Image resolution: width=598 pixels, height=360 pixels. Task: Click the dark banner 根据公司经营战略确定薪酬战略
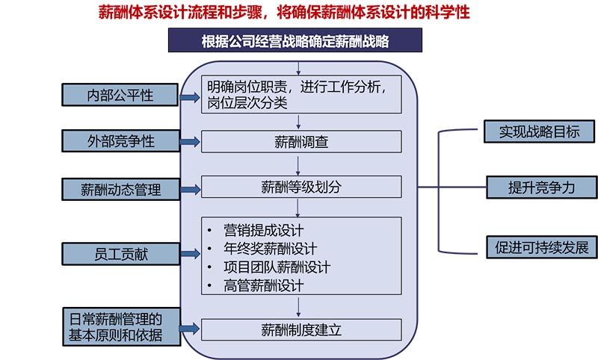[295, 40]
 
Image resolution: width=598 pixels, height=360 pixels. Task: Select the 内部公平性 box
[120, 95]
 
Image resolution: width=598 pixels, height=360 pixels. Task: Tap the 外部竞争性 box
[120, 140]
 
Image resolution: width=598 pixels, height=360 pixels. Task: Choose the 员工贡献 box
[120, 254]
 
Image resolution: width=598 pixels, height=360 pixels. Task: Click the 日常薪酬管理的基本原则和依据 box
[120, 326]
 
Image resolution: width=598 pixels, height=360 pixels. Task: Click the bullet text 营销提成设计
[263, 229]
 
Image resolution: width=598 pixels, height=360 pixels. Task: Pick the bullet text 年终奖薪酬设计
[270, 248]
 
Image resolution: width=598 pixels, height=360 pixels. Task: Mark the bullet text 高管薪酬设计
[263, 285]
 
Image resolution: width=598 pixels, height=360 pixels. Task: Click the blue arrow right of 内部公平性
[190, 96]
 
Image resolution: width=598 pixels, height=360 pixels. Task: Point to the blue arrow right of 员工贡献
[190, 255]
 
